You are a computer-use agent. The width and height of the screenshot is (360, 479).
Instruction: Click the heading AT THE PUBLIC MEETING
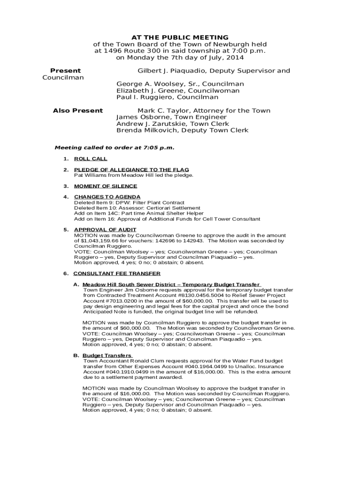180,37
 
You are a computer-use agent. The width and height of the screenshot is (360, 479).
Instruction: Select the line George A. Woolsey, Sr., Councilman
180,84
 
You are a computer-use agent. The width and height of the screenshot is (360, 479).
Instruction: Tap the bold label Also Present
78,111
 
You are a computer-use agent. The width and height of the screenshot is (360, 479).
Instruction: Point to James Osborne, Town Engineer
171,117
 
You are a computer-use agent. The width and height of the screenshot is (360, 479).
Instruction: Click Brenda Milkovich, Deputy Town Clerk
182,131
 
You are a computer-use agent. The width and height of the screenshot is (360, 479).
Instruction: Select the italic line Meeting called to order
115,148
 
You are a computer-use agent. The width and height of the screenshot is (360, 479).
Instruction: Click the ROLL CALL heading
91,159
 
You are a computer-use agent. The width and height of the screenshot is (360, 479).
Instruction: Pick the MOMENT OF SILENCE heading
106,186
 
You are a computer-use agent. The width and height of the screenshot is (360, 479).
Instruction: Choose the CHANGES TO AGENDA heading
107,197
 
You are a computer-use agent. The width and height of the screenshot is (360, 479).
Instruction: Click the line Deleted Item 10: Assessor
137,208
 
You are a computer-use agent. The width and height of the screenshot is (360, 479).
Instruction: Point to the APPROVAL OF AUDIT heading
105,230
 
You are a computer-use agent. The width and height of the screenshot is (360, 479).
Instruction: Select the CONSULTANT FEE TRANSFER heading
117,274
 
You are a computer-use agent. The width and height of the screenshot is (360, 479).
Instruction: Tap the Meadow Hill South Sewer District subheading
171,284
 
